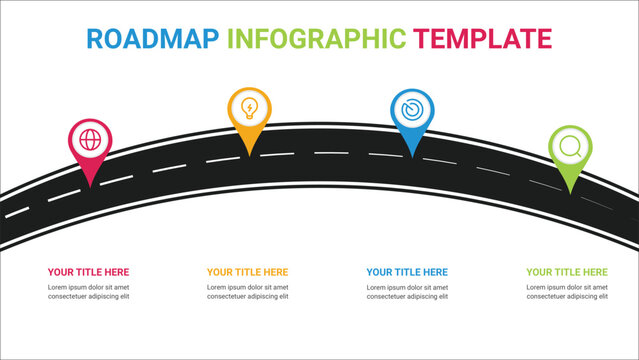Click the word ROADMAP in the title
[x=152, y=39]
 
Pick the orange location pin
[x=249, y=116]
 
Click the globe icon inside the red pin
[x=90, y=139]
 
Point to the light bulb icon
[x=249, y=106]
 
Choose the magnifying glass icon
[x=570, y=146]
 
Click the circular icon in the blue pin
[x=411, y=108]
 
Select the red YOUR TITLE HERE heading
[x=88, y=272]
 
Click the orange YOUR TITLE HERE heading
[x=247, y=272]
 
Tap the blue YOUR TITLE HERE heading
[x=407, y=272]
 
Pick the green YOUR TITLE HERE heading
[x=567, y=272]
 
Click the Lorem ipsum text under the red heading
[x=88, y=291]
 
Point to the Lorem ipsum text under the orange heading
[x=247, y=291]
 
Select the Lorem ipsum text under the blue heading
[x=407, y=291]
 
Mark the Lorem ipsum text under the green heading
[x=567, y=291]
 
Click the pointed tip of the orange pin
[x=249, y=153]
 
